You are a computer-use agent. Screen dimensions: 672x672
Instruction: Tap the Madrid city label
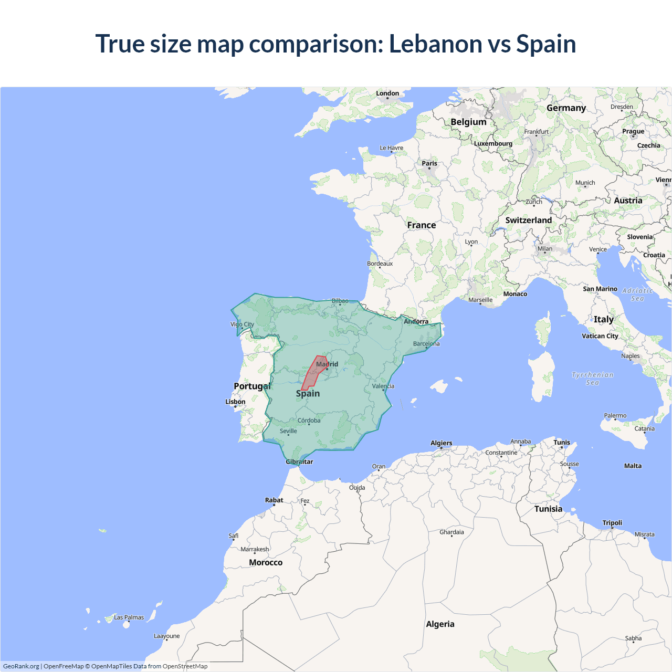(x=327, y=364)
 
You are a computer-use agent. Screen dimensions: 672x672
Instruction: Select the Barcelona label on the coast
(x=426, y=344)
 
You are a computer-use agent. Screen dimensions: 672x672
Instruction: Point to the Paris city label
(x=429, y=163)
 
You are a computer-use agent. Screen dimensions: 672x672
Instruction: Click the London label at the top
(x=387, y=93)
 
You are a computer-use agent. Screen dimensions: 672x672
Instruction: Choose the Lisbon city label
(x=235, y=402)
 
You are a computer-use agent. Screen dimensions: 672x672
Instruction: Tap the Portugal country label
(x=252, y=386)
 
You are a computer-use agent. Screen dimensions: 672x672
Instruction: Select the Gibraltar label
(x=299, y=462)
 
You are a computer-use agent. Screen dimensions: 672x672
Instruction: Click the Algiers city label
(x=441, y=443)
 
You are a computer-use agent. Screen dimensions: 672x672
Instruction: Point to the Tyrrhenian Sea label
(x=592, y=379)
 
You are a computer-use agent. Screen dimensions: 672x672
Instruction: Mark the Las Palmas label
(x=129, y=617)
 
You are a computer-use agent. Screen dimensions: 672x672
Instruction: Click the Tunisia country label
(x=548, y=509)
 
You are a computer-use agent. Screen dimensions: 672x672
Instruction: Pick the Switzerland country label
(x=528, y=220)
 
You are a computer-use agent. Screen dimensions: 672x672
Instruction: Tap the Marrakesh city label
(x=255, y=549)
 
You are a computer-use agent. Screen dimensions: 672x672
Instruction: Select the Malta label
(x=633, y=466)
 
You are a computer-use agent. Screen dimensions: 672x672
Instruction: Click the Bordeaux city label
(x=380, y=264)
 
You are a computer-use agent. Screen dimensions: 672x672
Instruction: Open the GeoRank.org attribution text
(x=21, y=666)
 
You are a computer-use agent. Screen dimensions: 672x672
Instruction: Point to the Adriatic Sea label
(x=637, y=295)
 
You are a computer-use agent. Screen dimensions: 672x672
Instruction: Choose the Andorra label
(x=416, y=321)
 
